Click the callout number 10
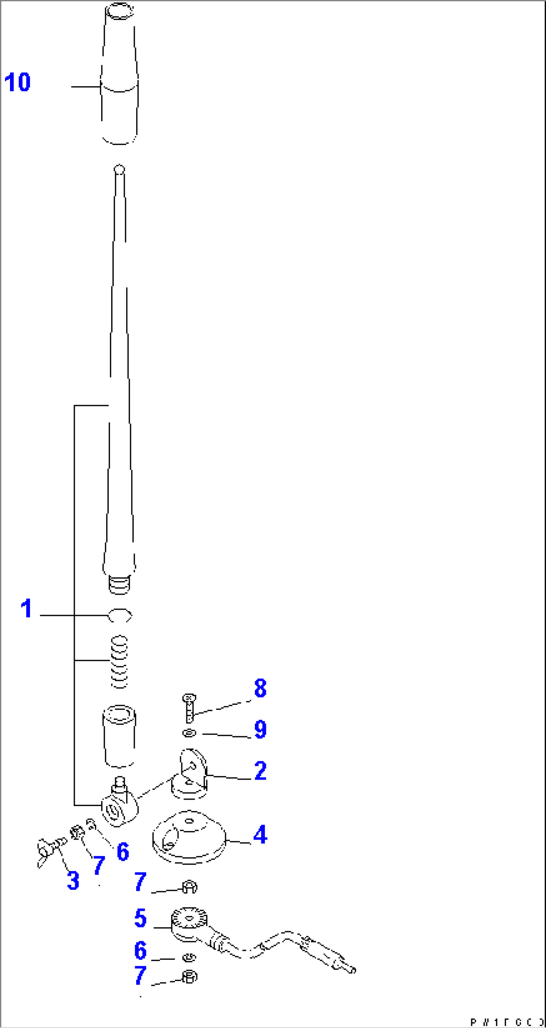18,82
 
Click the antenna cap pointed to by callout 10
119,75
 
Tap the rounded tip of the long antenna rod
119,169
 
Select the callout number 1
27,609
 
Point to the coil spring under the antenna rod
120,661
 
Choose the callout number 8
260,688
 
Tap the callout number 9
260,729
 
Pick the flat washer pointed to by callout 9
189,733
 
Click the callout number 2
260,770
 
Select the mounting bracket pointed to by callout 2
190,774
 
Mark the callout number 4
260,835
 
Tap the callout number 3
73,881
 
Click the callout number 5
141,918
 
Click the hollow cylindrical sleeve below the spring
120,736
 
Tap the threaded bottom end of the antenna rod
120,584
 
